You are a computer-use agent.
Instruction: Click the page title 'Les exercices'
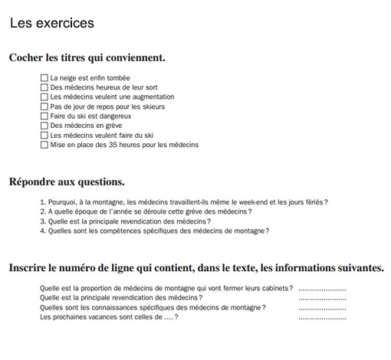pyautogui.click(x=52, y=24)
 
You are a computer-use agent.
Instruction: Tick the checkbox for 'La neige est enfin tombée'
pyautogui.click(x=44, y=78)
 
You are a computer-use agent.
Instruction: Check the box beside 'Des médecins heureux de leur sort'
pyautogui.click(x=44, y=87)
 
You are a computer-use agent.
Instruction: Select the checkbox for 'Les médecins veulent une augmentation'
pyautogui.click(x=44, y=97)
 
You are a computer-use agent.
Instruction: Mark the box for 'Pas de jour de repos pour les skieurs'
pyautogui.click(x=44, y=106)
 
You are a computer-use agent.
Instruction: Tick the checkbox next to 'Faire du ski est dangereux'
pyautogui.click(x=44, y=116)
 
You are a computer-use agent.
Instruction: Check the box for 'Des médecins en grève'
pyautogui.click(x=44, y=126)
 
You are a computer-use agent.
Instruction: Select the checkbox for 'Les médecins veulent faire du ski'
pyautogui.click(x=44, y=136)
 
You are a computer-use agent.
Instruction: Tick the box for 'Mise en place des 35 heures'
pyautogui.click(x=44, y=145)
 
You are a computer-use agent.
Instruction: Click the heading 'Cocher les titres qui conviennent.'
pyautogui.click(x=87, y=57)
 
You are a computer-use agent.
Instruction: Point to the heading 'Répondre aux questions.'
pyautogui.click(x=67, y=182)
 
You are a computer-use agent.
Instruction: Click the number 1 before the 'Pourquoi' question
pyautogui.click(x=41, y=202)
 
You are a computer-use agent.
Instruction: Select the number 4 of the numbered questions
pyautogui.click(x=41, y=231)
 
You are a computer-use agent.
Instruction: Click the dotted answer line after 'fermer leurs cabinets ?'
pyautogui.click(x=322, y=290)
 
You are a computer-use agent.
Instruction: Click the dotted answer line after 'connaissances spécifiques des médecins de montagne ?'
pyautogui.click(x=322, y=308)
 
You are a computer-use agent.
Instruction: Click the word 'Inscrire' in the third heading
pyautogui.click(x=31, y=268)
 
